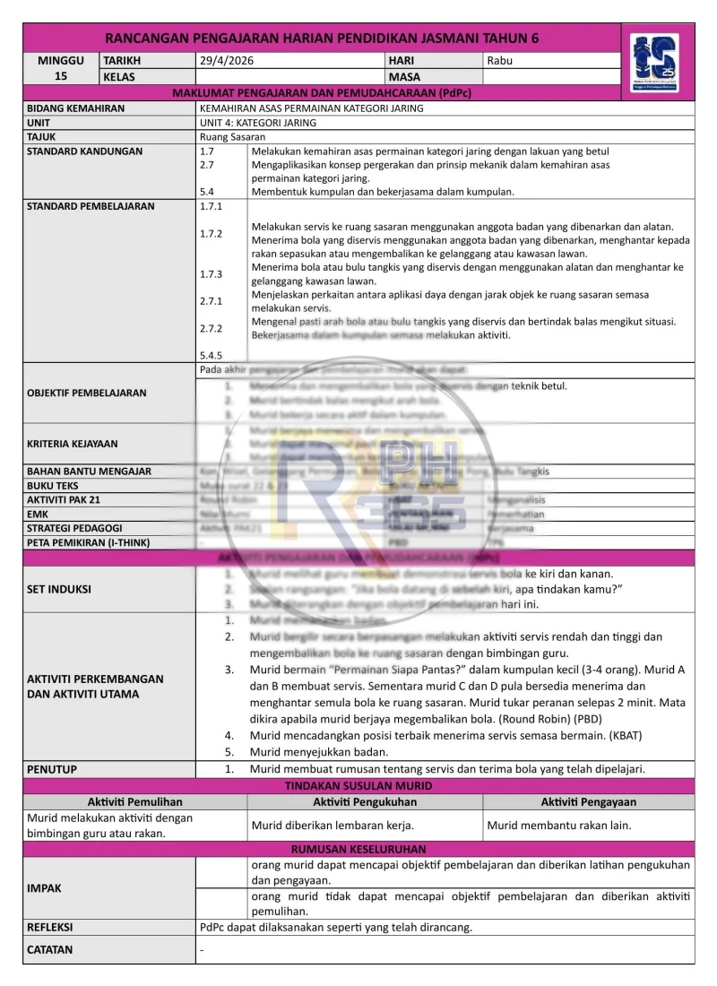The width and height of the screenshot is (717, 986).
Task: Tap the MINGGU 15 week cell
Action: pyautogui.click(x=61, y=68)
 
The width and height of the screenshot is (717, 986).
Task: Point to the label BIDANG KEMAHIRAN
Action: pyautogui.click(x=76, y=108)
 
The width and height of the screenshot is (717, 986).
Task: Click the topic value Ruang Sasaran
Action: pyautogui.click(x=233, y=137)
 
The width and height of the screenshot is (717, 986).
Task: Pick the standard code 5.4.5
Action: pyautogui.click(x=212, y=355)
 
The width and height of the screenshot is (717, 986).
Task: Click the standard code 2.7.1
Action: pyautogui.click(x=212, y=301)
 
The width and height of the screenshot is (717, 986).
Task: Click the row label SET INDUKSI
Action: pyautogui.click(x=59, y=589)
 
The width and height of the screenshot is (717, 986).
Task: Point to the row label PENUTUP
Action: pyautogui.click(x=52, y=769)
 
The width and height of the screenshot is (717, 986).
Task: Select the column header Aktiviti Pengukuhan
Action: pyautogui.click(x=365, y=801)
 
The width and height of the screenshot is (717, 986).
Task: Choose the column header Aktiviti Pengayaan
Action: pyautogui.click(x=589, y=801)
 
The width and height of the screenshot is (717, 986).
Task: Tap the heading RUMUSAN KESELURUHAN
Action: pyautogui.click(x=358, y=849)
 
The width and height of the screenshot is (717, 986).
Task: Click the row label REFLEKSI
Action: pyautogui.click(x=50, y=927)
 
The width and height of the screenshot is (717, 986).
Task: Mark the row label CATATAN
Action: pyautogui.click(x=50, y=949)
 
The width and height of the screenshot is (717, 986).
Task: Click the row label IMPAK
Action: pyautogui.click(x=45, y=888)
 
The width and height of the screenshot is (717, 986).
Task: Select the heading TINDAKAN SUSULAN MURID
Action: pyautogui.click(x=358, y=785)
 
